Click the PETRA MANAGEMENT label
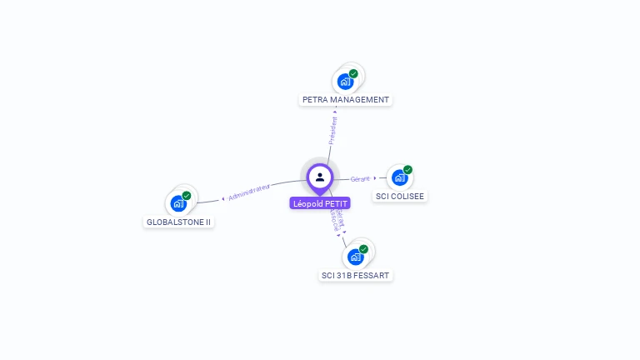(346, 100)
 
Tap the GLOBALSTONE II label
(178, 222)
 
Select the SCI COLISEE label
(399, 197)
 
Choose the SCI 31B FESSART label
(356, 275)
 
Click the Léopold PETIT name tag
(320, 203)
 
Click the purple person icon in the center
(320, 177)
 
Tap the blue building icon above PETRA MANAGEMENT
(344, 82)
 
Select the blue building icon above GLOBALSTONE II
(177, 203)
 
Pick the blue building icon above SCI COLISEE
(399, 177)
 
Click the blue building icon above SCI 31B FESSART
(355, 257)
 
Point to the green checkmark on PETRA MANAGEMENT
(353, 74)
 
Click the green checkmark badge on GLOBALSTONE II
(187, 196)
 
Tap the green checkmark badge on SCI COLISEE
(407, 170)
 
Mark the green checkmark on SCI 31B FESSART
(364, 249)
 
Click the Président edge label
(333, 131)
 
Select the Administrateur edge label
(249, 192)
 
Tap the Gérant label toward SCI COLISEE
(360, 178)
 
